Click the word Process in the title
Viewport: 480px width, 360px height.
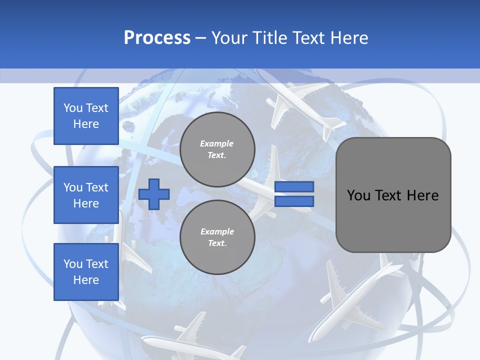[157, 38]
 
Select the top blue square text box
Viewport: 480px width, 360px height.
[86, 116]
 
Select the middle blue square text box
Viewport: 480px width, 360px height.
[86, 195]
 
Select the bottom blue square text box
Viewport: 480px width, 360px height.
[86, 272]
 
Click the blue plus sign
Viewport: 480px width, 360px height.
[154, 194]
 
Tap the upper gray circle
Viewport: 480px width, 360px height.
[217, 149]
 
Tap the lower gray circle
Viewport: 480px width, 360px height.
[217, 237]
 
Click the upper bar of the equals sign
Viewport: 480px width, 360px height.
[294, 186]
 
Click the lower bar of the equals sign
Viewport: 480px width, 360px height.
[294, 201]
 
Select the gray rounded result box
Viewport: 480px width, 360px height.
[393, 195]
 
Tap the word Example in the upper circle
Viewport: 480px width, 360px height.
[217, 143]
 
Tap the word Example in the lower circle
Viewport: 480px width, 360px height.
[217, 231]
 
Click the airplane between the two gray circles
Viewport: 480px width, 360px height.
[260, 195]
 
